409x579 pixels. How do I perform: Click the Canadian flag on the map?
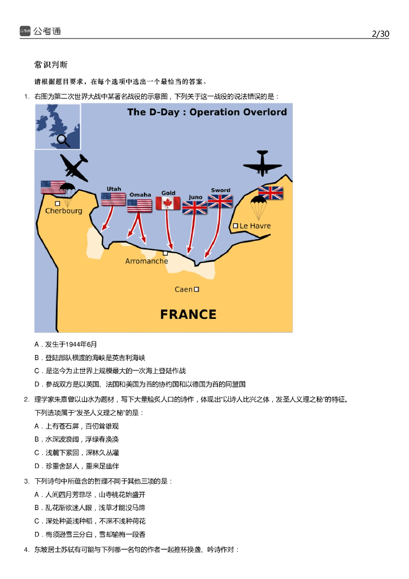168,204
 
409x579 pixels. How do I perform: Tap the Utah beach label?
114,189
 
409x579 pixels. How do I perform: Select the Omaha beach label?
140,195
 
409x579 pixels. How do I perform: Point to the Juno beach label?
195,197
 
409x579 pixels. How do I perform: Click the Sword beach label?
220,191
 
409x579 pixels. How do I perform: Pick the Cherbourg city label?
64,211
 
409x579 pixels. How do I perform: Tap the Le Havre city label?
255,226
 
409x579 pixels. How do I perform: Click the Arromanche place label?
146,261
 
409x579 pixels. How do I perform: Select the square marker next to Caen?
197,289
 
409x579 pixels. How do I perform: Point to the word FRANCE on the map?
188,314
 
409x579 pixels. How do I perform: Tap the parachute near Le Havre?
259,206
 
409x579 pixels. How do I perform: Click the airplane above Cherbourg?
73,167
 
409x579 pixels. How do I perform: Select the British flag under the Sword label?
220,201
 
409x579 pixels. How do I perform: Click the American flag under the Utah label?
114,199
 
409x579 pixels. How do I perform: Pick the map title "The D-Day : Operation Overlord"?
207,112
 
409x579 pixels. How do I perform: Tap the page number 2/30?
381,34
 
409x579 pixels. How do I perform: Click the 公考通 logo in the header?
40,32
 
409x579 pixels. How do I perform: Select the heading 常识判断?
51,65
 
